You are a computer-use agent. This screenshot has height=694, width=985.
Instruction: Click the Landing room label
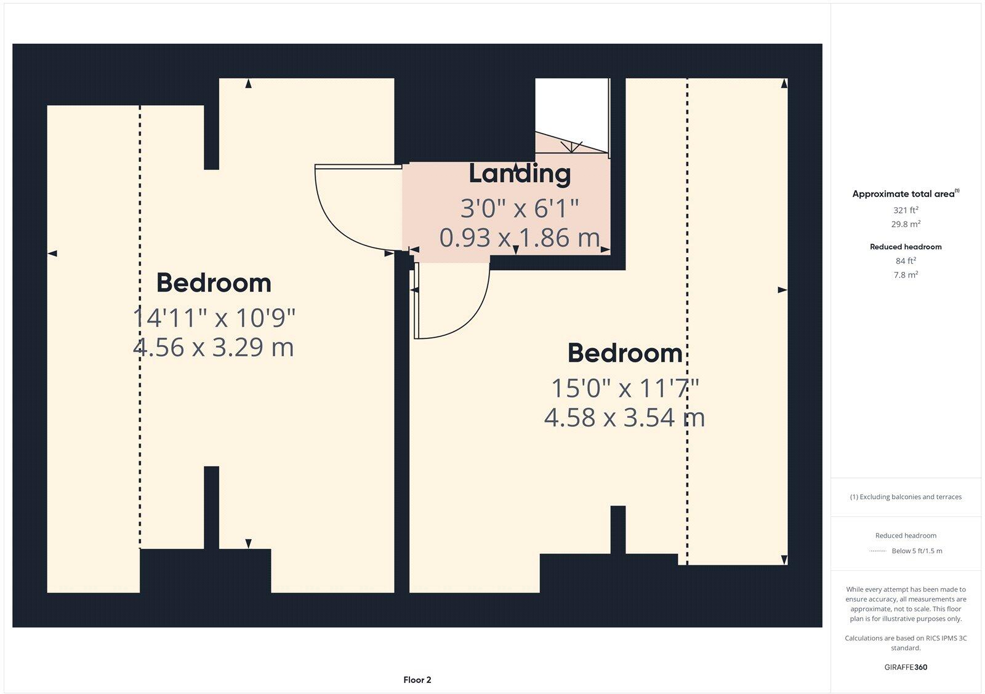[520, 174]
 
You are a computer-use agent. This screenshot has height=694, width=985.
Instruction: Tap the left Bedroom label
[214, 283]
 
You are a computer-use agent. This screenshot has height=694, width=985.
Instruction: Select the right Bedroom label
[624, 353]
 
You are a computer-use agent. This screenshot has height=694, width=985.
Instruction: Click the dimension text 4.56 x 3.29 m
[213, 348]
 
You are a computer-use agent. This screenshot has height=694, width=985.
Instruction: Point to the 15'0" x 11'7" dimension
[624, 389]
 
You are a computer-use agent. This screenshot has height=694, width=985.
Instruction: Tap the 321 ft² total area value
[906, 210]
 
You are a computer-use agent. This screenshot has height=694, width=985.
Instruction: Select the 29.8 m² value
[906, 225]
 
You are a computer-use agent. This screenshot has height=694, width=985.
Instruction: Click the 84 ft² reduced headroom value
[906, 261]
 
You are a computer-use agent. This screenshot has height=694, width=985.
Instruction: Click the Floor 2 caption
[417, 680]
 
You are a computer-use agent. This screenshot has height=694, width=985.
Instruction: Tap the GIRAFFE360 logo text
[906, 667]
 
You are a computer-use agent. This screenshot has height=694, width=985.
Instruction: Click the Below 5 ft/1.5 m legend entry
[917, 551]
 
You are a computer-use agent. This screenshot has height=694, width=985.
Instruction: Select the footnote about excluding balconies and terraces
[906, 497]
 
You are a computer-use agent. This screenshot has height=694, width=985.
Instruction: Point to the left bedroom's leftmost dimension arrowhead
[52, 253]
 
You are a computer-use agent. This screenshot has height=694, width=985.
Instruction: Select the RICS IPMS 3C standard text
[906, 643]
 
